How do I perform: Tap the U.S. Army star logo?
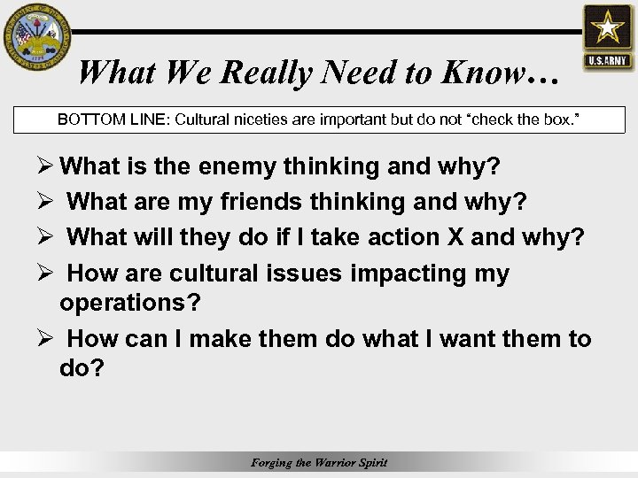pyautogui.click(x=607, y=35)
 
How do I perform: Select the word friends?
pyautogui.click(x=261, y=202)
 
